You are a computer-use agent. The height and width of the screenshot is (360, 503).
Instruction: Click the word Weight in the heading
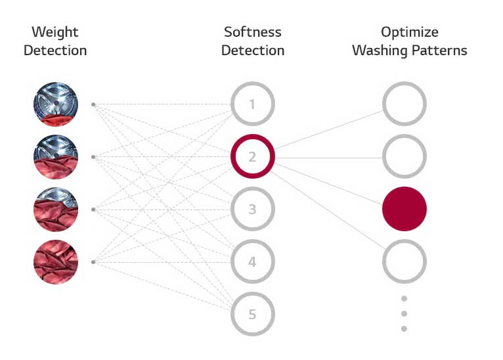tap(55, 32)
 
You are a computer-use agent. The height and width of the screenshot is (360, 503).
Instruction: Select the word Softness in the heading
tap(253, 32)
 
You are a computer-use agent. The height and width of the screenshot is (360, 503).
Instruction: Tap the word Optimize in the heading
tap(410, 32)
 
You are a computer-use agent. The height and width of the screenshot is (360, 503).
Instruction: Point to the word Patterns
tap(439, 51)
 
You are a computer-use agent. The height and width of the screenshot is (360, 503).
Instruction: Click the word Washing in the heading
tap(380, 51)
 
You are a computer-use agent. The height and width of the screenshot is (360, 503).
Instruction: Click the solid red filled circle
tap(405, 209)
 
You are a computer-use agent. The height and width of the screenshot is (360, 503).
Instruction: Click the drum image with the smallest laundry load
tap(56, 104)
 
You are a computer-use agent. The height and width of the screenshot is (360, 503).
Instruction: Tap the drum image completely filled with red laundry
tap(56, 262)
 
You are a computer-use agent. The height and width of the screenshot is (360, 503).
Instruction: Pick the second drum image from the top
tap(56, 157)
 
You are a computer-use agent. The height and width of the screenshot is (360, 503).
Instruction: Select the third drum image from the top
tap(56, 210)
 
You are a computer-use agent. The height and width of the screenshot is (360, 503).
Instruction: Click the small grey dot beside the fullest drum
tap(93, 262)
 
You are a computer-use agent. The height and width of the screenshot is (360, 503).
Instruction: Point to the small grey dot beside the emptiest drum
tap(93, 104)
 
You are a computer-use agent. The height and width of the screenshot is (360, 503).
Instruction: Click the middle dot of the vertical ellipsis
tap(405, 313)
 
